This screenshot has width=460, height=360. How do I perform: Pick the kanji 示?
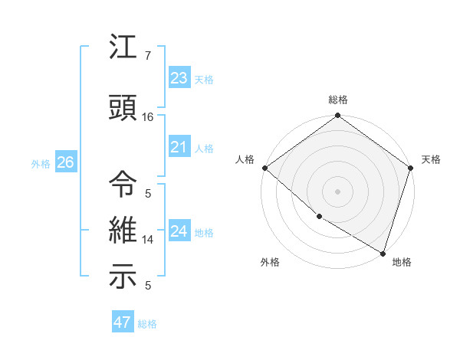[x=123, y=277]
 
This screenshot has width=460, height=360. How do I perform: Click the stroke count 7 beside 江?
[x=148, y=55]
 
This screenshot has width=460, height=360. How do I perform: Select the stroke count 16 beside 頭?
[x=148, y=117]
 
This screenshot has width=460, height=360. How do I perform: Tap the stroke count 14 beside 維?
[x=148, y=240]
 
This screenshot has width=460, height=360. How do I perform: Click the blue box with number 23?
[x=179, y=77]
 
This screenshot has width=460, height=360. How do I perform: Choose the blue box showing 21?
[x=179, y=147]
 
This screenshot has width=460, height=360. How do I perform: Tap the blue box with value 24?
[x=179, y=231]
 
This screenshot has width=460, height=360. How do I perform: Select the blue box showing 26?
[x=65, y=162]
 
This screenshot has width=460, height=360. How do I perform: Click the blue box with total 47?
[x=123, y=322]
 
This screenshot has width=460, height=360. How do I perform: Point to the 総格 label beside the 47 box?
[x=147, y=324]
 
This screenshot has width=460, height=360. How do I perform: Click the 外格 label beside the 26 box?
[x=41, y=163]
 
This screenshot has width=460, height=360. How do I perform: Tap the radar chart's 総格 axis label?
[x=337, y=100]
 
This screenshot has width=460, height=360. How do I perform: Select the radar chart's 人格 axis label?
[x=245, y=159]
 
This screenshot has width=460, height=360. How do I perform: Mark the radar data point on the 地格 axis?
[x=383, y=252]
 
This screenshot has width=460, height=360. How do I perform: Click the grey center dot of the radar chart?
[x=337, y=191]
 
